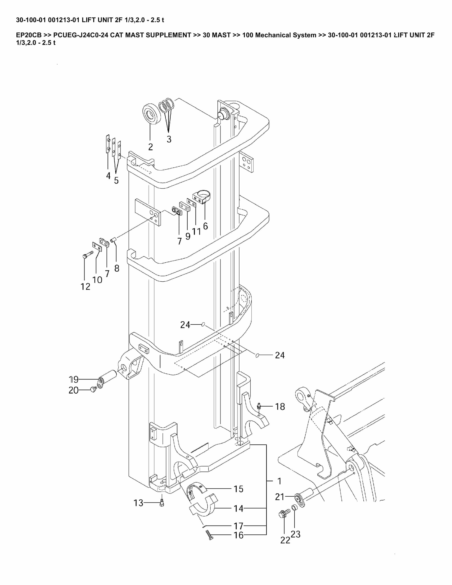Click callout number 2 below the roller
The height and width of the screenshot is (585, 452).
[x=150, y=147]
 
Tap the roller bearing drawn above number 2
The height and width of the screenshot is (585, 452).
[x=151, y=114]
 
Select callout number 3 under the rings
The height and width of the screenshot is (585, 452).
[x=169, y=139]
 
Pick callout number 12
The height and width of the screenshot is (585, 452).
[x=85, y=287]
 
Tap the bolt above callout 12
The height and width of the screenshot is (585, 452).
[x=87, y=254]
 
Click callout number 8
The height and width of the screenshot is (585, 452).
[x=117, y=268]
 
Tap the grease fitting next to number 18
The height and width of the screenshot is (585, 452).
[x=259, y=406]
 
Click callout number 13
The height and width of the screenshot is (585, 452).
[x=138, y=503]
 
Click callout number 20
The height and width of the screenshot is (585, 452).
[x=73, y=390]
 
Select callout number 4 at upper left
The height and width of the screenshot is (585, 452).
[x=108, y=176]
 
